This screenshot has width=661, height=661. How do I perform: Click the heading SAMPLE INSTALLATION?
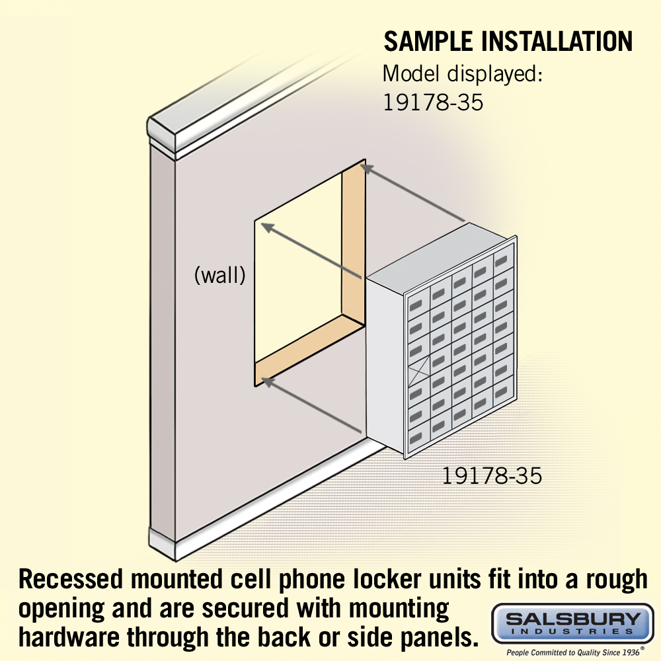point(508,41)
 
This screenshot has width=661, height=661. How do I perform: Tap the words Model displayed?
point(463,73)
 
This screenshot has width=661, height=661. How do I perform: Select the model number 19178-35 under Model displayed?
point(434,102)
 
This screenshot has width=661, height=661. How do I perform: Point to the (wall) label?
point(219,275)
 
